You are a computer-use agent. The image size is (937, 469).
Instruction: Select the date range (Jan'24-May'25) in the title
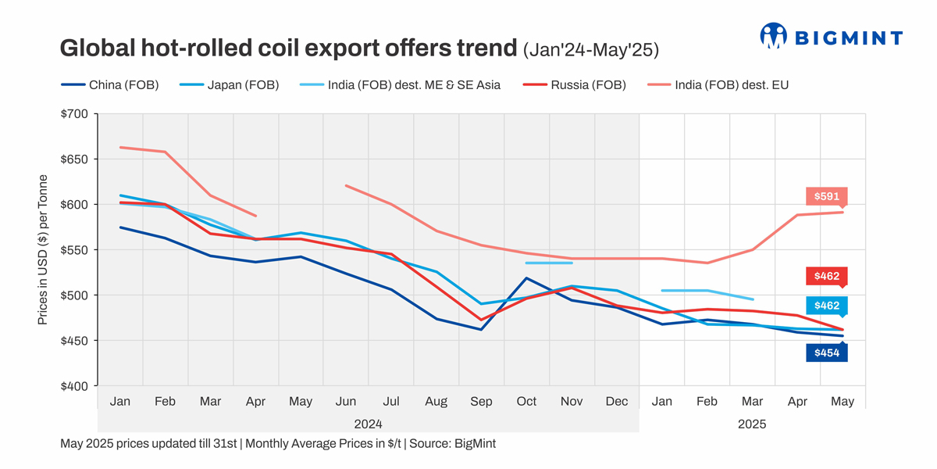pos(590,49)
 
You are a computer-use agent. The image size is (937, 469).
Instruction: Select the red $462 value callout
pos(826,276)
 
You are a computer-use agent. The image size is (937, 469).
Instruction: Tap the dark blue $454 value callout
pos(826,353)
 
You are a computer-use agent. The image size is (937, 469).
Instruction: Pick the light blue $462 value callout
pos(826,306)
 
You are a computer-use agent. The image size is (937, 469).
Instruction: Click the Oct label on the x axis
pos(526,401)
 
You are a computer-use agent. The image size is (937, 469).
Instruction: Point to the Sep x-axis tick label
pos(481,401)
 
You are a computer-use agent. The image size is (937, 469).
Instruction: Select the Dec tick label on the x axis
pos(617,401)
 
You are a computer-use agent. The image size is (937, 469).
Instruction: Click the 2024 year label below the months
pos(368,424)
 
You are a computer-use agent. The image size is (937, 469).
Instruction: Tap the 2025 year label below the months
pos(752,424)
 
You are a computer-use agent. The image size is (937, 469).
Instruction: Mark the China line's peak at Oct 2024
pos(527,278)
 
